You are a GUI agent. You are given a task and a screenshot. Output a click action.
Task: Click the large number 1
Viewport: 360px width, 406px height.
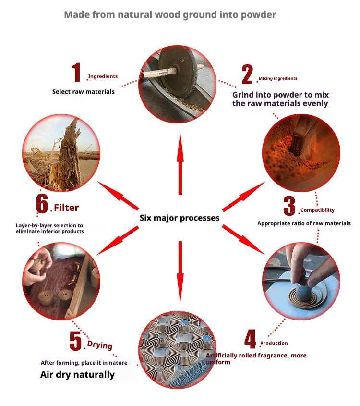click(76, 72)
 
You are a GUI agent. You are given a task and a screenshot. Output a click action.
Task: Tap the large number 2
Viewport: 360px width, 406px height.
click(247, 74)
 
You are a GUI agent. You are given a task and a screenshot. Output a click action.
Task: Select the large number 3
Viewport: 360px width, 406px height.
click(289, 206)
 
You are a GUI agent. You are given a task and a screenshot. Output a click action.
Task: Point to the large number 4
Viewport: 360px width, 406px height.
click(251, 339)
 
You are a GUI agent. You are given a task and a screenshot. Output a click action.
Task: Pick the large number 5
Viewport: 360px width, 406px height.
click(75, 341)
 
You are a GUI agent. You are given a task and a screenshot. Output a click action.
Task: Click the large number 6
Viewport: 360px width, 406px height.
click(42, 204)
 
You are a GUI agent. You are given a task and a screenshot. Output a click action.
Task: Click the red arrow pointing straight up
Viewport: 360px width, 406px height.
click(180, 164)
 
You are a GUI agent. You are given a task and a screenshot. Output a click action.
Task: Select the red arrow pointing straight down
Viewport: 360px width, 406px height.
click(180, 272)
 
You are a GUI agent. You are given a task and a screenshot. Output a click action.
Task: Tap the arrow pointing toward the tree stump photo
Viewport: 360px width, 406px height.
click(118, 196)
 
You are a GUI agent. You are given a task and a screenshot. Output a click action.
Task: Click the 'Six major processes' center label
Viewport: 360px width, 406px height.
click(180, 218)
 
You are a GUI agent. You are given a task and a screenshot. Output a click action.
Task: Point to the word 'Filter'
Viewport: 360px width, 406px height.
click(66, 208)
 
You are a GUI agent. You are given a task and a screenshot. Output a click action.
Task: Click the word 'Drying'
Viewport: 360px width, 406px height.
click(100, 345)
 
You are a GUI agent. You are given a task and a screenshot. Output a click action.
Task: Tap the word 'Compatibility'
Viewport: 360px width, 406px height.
click(317, 210)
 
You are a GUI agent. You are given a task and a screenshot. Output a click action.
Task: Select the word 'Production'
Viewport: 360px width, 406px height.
click(274, 343)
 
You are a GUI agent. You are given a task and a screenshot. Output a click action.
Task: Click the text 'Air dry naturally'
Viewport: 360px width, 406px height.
click(77, 375)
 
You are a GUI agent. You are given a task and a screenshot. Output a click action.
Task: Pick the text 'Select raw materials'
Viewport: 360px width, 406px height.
click(83, 91)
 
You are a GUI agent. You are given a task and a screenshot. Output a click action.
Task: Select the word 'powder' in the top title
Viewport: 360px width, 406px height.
click(258, 15)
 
